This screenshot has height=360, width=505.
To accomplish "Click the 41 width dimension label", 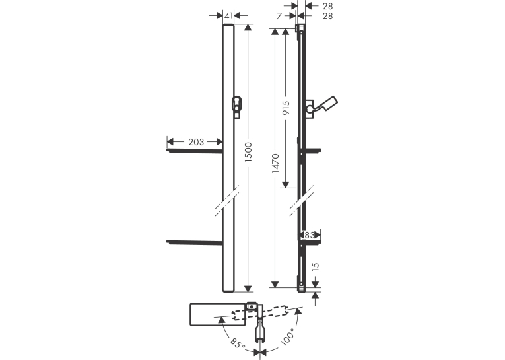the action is (x=228, y=15).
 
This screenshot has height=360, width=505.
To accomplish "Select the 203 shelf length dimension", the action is (x=196, y=142).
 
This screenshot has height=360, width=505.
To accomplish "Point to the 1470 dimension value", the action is (x=275, y=163).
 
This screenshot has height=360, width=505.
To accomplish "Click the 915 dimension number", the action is (x=286, y=108).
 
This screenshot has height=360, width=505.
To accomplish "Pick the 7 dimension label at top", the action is (x=279, y=16).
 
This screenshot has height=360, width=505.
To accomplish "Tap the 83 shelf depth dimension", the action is (x=309, y=235).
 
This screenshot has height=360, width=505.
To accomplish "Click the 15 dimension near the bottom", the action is (x=316, y=266).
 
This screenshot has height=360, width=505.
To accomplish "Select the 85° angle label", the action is (x=238, y=343).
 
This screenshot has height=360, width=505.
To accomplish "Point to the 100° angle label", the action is (x=288, y=337).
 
